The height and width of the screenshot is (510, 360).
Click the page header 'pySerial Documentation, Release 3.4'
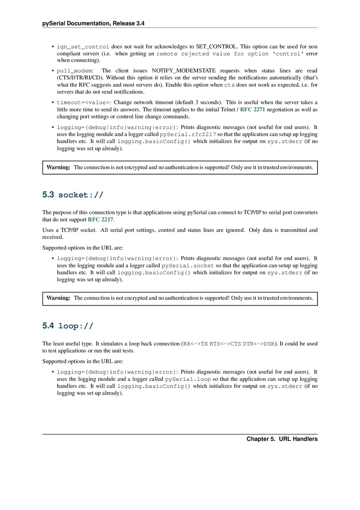point(93,24)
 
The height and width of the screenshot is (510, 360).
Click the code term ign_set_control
point(83,47)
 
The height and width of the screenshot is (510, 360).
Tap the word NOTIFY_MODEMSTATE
point(184,71)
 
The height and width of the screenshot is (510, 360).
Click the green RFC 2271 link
point(252,110)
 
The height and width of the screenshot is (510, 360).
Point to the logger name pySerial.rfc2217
point(188,134)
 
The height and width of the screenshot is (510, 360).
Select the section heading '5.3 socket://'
point(73,195)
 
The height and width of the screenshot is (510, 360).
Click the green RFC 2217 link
point(101,220)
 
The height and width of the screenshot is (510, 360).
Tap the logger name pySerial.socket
point(188,265)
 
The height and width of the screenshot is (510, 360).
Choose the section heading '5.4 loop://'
point(68,326)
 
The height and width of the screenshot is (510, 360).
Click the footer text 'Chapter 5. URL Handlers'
point(282,439)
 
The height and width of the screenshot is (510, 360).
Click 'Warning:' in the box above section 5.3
point(59,167)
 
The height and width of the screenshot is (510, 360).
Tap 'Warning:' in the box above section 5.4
point(59,298)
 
